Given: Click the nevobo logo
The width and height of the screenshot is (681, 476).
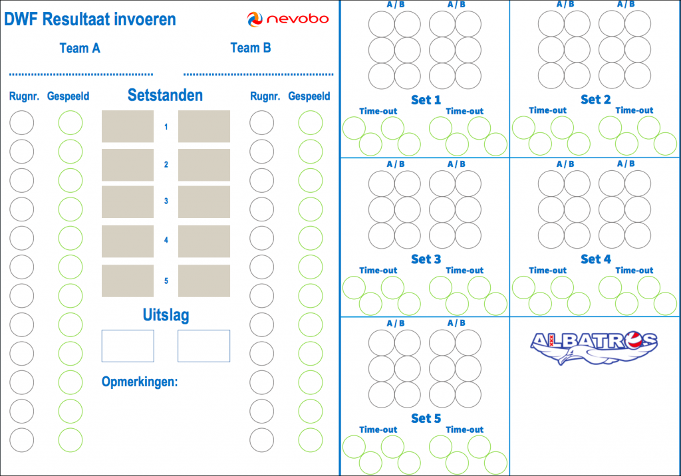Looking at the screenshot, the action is pos(287,19).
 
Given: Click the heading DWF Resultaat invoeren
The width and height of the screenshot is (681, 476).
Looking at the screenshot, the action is pos(90,19).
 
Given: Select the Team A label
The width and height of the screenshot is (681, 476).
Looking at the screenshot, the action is pos(80,49).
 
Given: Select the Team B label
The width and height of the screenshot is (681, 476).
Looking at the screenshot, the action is pos(251,48).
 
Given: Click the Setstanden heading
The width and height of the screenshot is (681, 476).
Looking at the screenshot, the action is pos(165,95).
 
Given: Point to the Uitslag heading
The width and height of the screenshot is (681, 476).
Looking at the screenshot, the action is pos(166,315).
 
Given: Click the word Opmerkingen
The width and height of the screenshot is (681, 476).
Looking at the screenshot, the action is pos(140,382).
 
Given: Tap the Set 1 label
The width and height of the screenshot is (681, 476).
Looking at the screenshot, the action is pos(426,100).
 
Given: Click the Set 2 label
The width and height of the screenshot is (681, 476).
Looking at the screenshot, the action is pos(595,100).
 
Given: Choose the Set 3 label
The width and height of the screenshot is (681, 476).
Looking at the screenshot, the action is pos(426,259).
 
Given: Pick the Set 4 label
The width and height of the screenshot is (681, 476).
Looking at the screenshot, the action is pos(595,259).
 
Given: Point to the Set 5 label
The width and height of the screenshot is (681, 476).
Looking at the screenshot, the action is pos(426,419).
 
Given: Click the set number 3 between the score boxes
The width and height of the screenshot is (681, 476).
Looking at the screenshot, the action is pos(166,201).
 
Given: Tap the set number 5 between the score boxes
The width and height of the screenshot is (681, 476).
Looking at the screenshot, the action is pos(166,281).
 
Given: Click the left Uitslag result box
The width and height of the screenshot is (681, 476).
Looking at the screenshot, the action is pos(128,346).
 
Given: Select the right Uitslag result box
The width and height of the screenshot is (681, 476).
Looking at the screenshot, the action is pos(204,346).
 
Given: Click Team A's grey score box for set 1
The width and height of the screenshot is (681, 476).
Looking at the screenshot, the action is pos(128,126).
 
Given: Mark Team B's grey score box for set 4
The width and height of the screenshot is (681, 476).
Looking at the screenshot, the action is pos(204,241).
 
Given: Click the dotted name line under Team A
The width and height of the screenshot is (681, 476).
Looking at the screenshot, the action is pos(80,74).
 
